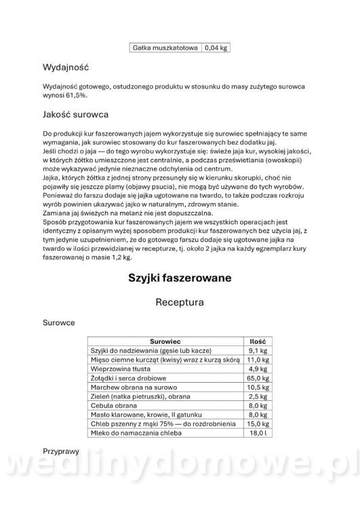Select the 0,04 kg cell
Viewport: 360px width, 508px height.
216,48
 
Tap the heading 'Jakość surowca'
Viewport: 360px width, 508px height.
75,114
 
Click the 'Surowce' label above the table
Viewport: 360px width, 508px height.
59,324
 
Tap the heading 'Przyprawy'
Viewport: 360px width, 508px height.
61,468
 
